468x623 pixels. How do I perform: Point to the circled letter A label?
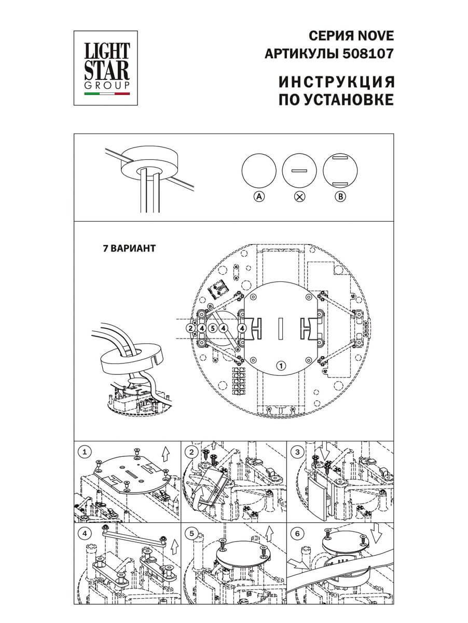[x=258, y=196]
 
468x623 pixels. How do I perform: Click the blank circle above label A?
[x=258, y=171]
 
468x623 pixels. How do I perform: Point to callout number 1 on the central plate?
[x=280, y=365]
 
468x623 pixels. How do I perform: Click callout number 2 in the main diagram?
[x=191, y=328]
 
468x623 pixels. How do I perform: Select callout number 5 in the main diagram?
[x=213, y=328]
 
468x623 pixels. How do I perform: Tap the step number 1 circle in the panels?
[x=84, y=452]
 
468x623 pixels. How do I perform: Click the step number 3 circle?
[x=297, y=452]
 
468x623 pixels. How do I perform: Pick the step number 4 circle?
[x=84, y=534]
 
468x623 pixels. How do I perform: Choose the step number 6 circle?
[x=297, y=534]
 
